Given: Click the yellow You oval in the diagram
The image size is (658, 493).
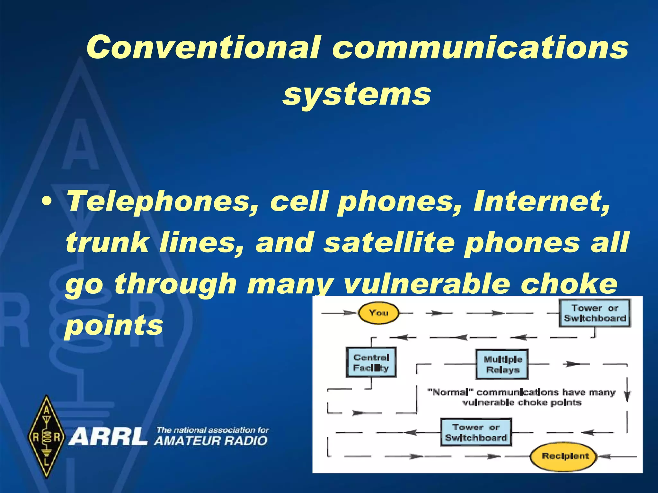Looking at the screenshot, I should tap(378, 313).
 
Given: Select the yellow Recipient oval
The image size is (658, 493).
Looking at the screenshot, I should tap(564, 456).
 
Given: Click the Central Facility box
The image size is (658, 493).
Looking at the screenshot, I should tap(371, 362).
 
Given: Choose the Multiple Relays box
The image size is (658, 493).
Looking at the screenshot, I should tap(502, 364).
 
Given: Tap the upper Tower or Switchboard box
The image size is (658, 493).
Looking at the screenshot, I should tap(595, 313).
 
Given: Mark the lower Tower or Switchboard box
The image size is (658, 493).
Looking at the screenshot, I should tap(476, 432).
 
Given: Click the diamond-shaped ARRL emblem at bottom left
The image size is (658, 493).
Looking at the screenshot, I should tap(46, 437).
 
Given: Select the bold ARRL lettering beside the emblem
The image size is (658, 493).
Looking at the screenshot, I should tap(108, 437).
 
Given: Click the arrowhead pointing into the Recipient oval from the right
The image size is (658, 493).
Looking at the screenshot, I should tap(603, 456).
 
